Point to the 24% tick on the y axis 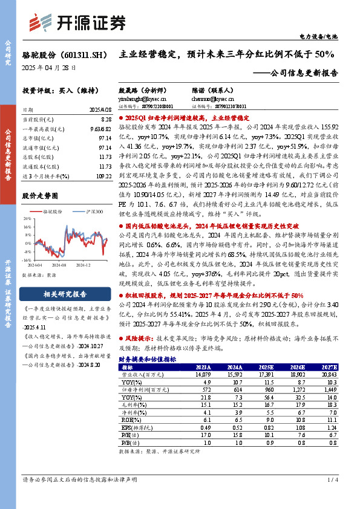(26, 219)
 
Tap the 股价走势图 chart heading (40, 196)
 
